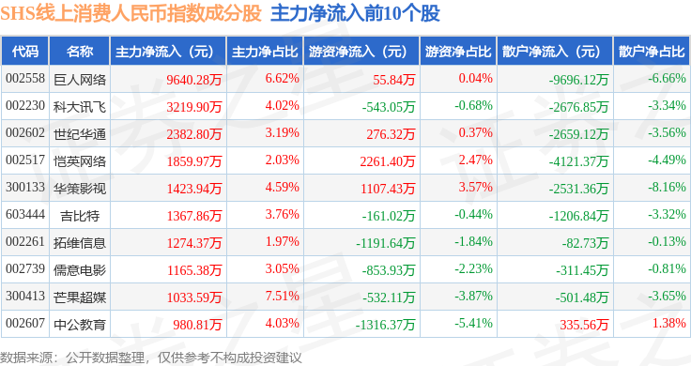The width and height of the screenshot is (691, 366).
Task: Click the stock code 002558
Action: point(25,79)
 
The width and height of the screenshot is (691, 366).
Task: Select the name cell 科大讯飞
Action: point(80,107)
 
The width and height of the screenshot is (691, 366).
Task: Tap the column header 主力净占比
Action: point(265,52)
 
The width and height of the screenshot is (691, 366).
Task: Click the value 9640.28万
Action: point(194,80)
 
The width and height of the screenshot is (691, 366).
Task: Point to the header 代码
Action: point(25,52)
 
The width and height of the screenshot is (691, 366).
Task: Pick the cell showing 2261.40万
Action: point(388,161)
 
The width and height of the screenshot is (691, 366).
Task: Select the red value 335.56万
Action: point(584,325)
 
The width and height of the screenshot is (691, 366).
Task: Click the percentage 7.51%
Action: point(282,296)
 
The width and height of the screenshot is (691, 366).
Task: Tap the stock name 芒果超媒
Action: point(80,297)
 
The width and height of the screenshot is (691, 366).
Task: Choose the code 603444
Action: point(25,215)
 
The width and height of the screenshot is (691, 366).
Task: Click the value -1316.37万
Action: point(385,325)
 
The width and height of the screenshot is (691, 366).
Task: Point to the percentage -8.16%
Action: point(667,187)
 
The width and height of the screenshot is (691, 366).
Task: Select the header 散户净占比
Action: point(652,52)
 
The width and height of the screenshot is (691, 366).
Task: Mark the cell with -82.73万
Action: point(585,243)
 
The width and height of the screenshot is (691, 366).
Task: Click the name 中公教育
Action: point(80,325)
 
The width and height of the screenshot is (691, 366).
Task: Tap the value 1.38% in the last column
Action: point(669,323)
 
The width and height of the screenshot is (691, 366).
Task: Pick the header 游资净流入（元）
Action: point(358,52)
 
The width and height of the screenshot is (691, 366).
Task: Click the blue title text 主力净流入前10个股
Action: point(355,14)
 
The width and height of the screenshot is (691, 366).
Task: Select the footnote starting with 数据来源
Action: point(151,358)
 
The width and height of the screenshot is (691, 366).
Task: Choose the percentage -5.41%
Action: point(473,323)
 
